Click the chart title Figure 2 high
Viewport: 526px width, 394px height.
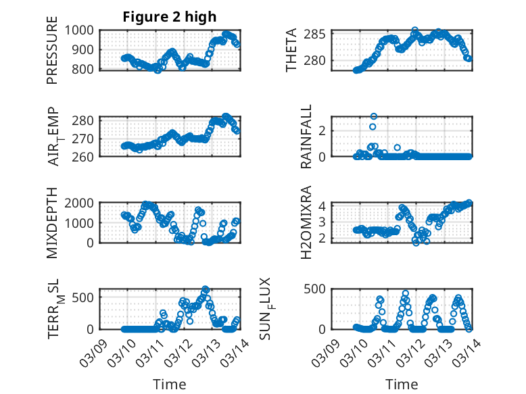[x=170, y=17]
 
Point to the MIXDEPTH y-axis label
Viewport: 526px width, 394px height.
[x=52, y=222]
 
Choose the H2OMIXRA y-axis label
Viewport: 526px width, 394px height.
[x=306, y=222]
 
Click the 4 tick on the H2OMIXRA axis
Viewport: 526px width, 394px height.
[x=323, y=206]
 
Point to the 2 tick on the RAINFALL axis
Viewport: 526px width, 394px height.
[x=323, y=130]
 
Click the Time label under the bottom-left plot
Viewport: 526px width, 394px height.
[x=170, y=384]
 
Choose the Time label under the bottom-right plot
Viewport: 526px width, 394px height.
[x=402, y=384]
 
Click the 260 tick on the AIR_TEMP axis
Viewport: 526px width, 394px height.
[x=87, y=156]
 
